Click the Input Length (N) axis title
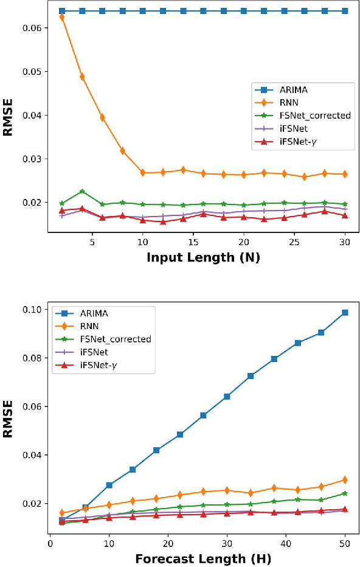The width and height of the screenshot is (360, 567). [203, 257]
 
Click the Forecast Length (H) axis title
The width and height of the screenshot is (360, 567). [203, 558]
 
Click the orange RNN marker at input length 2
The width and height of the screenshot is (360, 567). [62, 17]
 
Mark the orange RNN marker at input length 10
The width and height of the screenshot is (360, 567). [143, 173]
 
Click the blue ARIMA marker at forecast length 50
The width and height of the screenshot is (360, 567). [345, 313]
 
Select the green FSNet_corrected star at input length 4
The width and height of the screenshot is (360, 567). [82, 192]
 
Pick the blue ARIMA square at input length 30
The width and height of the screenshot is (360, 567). [345, 11]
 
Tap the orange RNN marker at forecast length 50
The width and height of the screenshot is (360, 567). [345, 480]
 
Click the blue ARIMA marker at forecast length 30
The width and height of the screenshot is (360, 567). [227, 397]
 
